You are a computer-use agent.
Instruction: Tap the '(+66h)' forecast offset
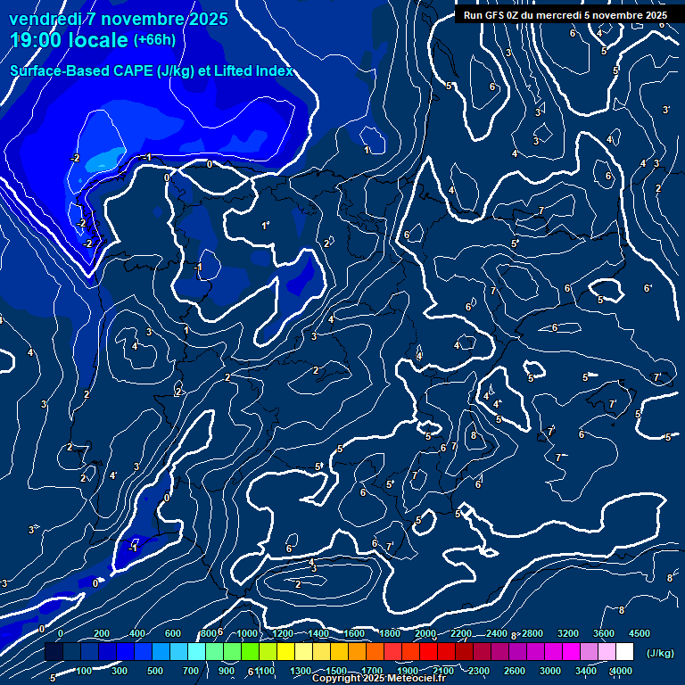155,40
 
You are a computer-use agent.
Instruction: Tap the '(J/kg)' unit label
659,653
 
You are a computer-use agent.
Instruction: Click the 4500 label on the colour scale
640,633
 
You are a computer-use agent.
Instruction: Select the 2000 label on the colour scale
425,633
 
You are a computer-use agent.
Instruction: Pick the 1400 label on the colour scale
318,633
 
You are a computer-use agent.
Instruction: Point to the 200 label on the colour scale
102,633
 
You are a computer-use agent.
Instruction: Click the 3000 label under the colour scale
550,671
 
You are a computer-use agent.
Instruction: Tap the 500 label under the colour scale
155,671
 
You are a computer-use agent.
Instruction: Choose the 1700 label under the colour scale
372,671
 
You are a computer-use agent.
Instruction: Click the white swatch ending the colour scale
624,652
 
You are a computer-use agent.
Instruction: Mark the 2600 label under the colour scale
515,671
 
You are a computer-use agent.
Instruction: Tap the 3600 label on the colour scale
604,633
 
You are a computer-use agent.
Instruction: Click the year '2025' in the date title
202,19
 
